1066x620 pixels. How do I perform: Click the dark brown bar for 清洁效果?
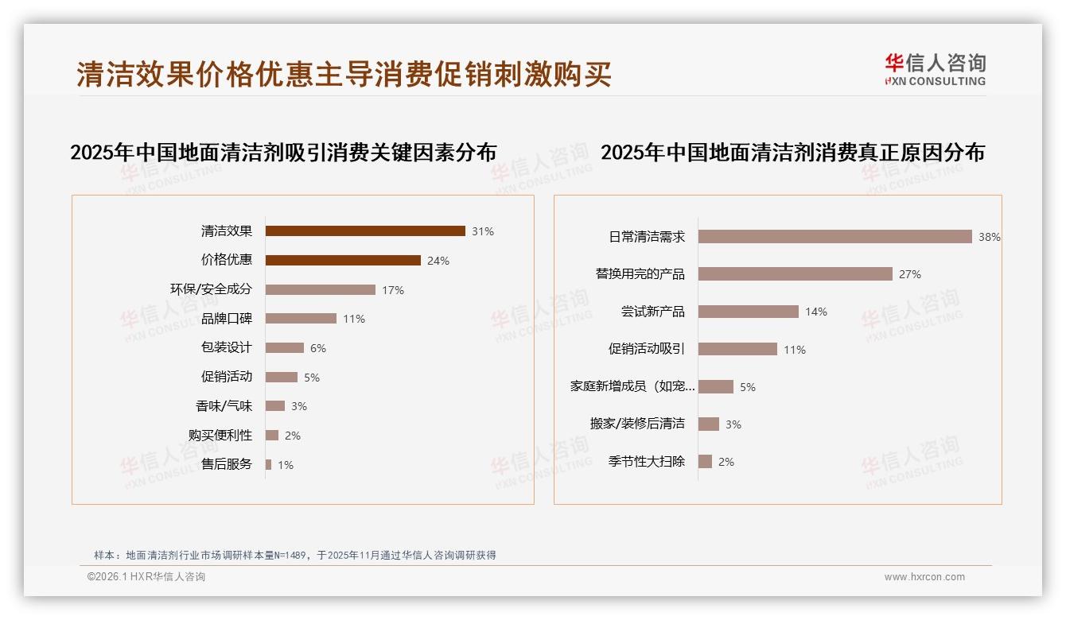365,231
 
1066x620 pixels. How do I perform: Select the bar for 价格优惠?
343,260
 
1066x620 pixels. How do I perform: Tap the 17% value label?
393,290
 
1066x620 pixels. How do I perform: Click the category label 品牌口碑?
227,319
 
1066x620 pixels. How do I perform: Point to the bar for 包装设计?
285,348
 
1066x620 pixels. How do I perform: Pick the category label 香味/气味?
224,406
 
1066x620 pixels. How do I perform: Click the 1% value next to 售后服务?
286,465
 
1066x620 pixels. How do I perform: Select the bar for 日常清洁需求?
835,237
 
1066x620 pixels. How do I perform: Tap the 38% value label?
990,237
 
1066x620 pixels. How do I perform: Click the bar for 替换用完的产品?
796,274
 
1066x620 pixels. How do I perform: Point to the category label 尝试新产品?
652,312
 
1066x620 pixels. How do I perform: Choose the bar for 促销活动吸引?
737,349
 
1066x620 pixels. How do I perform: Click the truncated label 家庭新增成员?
632,387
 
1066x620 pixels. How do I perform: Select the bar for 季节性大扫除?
705,462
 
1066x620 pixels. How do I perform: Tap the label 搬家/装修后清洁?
637,424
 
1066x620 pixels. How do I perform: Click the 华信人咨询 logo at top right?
935,70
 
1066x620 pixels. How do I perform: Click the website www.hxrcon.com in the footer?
924,577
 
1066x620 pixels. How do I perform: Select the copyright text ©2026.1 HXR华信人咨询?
146,577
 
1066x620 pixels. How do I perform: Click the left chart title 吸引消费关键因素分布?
283,153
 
